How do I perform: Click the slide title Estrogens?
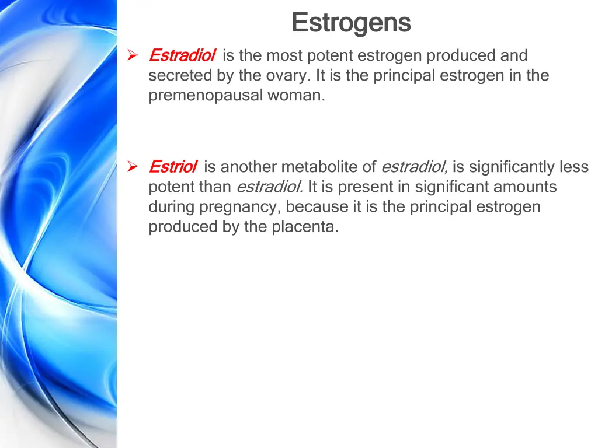[x=351, y=23]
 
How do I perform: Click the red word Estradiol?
[x=182, y=55]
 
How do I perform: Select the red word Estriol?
[x=172, y=167]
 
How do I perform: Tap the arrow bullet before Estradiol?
[x=133, y=55]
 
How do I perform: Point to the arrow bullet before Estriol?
[x=133, y=167]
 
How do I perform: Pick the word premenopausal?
[x=206, y=96]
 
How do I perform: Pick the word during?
[x=172, y=207]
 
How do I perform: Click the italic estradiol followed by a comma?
[x=414, y=167]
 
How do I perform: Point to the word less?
[x=575, y=167]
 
